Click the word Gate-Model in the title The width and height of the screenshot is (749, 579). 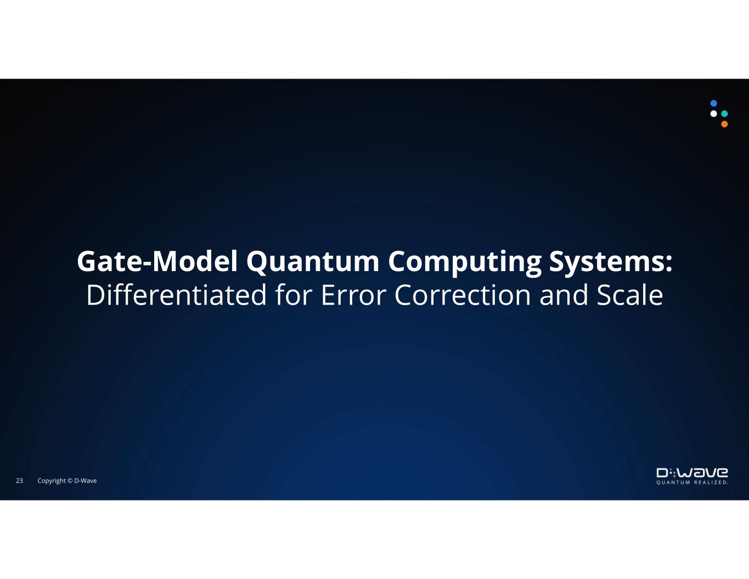pyautogui.click(x=157, y=262)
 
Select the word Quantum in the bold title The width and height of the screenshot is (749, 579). pyautogui.click(x=313, y=262)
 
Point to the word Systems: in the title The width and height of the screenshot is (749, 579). pyautogui.click(x=611, y=262)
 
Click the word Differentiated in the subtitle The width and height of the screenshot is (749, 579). pyautogui.click(x=176, y=295)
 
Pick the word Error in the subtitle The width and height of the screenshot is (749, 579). pyautogui.click(x=353, y=295)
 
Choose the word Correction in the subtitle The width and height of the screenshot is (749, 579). pyautogui.click(x=463, y=295)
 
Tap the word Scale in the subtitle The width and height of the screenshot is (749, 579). pyautogui.click(x=630, y=295)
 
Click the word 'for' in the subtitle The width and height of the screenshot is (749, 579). pyautogui.click(x=294, y=295)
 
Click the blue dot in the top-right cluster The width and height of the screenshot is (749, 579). pyautogui.click(x=714, y=103)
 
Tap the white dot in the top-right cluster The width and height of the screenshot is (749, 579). pyautogui.click(x=714, y=114)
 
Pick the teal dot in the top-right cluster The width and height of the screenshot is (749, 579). pyautogui.click(x=724, y=114)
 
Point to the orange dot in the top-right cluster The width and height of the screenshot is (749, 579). pyautogui.click(x=724, y=124)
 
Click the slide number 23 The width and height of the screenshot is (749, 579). pyautogui.click(x=19, y=481)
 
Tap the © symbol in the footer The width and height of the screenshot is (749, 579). pyautogui.click(x=70, y=481)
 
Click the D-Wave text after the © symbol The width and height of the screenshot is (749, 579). pyautogui.click(x=86, y=481)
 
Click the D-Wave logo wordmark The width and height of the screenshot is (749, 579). pyautogui.click(x=692, y=473)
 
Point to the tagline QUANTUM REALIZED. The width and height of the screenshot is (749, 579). pyautogui.click(x=692, y=482)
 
